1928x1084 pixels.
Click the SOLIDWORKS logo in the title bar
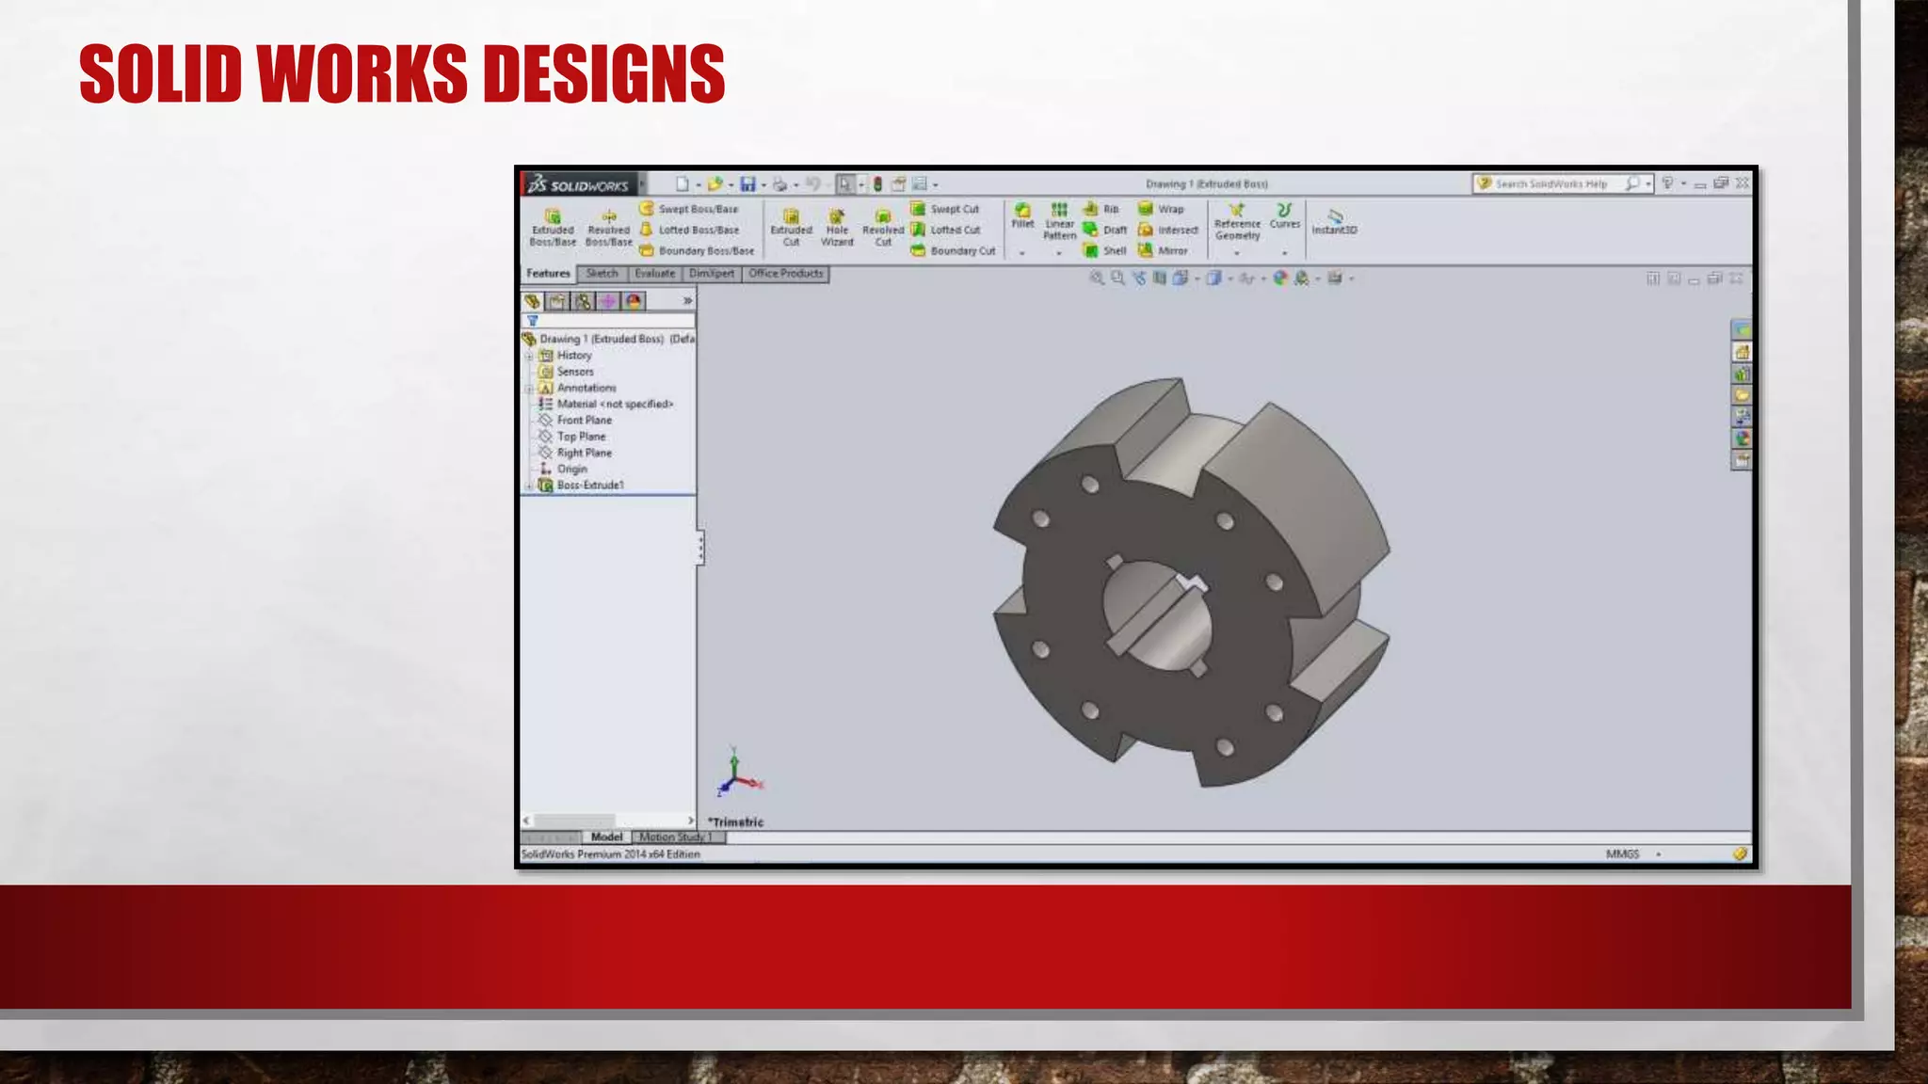pyautogui.click(x=579, y=184)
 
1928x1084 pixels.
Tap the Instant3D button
pyautogui.click(x=1334, y=222)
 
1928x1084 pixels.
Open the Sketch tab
pyautogui.click(x=602, y=274)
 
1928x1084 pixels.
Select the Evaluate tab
pyautogui.click(x=654, y=274)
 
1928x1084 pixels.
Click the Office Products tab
pyautogui.click(x=785, y=274)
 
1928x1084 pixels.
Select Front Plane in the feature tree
pyautogui.click(x=584, y=420)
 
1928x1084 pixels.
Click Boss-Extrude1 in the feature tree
pyautogui.click(x=589, y=485)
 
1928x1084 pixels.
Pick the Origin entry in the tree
pyautogui.click(x=571, y=469)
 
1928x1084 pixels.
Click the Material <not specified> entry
pyautogui.click(x=614, y=404)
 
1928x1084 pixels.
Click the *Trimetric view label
pyautogui.click(x=736, y=821)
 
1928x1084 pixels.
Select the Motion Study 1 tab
pyautogui.click(x=675, y=837)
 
